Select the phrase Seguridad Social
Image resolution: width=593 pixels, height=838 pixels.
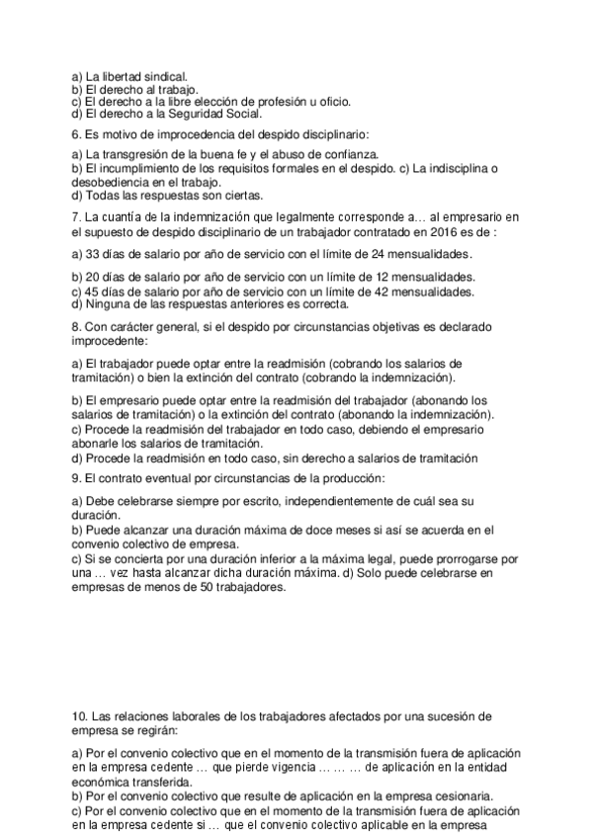click(212, 113)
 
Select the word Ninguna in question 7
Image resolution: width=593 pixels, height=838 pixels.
click(108, 304)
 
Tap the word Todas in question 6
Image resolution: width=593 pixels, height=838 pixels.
click(103, 195)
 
